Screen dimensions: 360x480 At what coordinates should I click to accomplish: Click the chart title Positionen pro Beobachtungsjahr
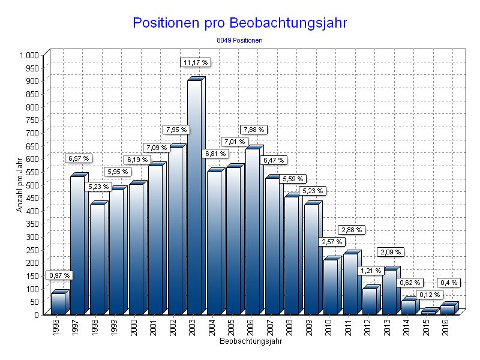pyautogui.click(x=240, y=23)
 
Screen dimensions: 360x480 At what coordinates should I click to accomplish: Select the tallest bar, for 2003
pyautogui.click(x=194, y=198)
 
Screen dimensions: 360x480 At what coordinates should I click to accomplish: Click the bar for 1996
pyautogui.click(x=58, y=303)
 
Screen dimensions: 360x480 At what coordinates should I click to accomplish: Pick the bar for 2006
pyautogui.click(x=253, y=231)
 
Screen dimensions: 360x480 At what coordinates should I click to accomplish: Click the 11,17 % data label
pyautogui.click(x=196, y=62)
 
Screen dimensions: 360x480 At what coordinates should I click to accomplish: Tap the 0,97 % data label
pyautogui.click(x=59, y=275)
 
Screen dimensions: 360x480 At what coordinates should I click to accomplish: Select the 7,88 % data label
pyautogui.click(x=253, y=130)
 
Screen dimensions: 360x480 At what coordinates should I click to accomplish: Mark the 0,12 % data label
pyautogui.click(x=430, y=295)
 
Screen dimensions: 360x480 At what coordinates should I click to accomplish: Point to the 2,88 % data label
pyautogui.click(x=352, y=230)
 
